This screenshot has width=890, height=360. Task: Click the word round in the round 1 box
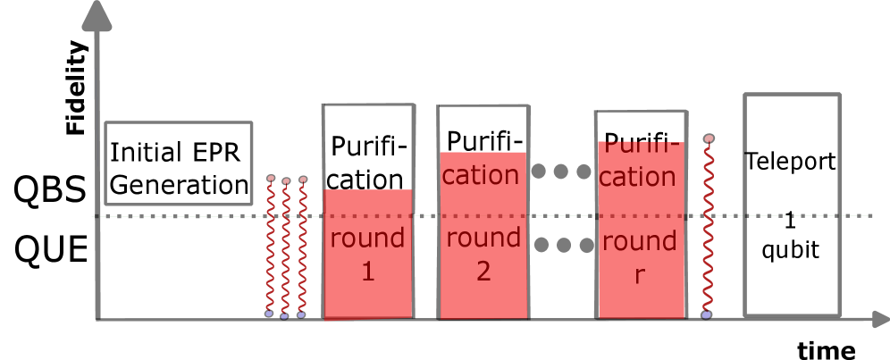pyautogui.click(x=367, y=239)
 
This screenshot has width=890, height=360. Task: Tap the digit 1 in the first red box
pyautogui.click(x=367, y=272)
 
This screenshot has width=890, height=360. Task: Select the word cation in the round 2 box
pyautogui.click(x=481, y=175)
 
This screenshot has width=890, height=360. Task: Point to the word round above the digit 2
pyautogui.click(x=483, y=238)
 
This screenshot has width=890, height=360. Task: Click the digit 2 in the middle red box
pyautogui.click(x=483, y=272)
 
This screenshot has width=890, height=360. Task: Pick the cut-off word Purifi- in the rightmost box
pyautogui.click(x=640, y=147)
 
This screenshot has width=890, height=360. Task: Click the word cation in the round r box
pyautogui.click(x=637, y=177)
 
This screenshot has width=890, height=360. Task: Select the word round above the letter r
pyautogui.click(x=639, y=241)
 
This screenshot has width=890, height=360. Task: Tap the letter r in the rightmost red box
pyautogui.click(x=639, y=276)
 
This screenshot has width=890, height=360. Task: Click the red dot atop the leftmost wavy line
pyautogui.click(x=271, y=178)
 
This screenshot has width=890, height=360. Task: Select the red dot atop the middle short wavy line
pyautogui.click(x=286, y=181)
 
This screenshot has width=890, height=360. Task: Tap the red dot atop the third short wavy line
pyautogui.click(x=303, y=180)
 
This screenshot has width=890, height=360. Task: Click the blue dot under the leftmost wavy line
pyautogui.click(x=268, y=314)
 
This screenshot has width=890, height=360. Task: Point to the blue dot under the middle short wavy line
pyautogui.click(x=284, y=316)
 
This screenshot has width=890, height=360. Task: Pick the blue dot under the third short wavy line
pyautogui.click(x=301, y=315)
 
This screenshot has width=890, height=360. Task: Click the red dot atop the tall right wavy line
pyautogui.click(x=709, y=138)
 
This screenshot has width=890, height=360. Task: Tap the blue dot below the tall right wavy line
pyautogui.click(x=706, y=314)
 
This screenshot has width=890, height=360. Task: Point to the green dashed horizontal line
pyautogui.click(x=179, y=216)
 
